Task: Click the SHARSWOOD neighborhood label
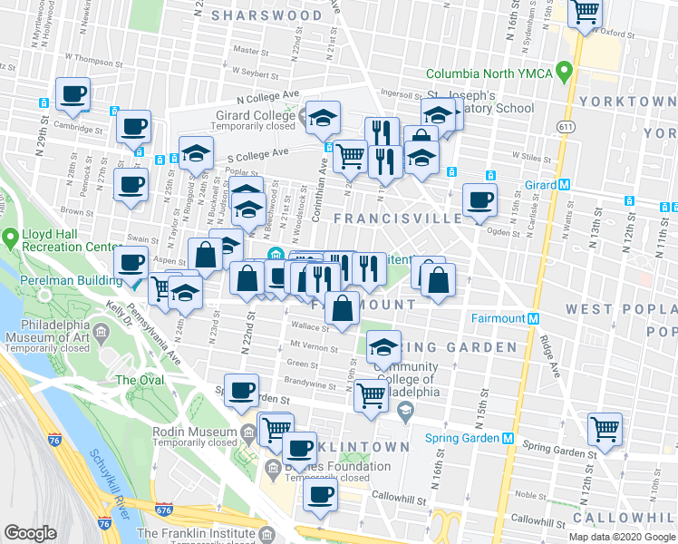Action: pyautogui.click(x=266, y=15)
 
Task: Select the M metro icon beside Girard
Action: pyautogui.click(x=565, y=184)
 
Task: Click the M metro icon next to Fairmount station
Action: pyautogui.click(x=534, y=318)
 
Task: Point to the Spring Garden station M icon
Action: pyautogui.click(x=508, y=438)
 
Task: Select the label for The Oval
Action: pyautogui.click(x=140, y=380)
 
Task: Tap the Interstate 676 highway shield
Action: pyautogui.click(x=163, y=512)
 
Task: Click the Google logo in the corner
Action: pyautogui.click(x=30, y=533)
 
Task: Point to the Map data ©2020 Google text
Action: pyautogui.click(x=621, y=537)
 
